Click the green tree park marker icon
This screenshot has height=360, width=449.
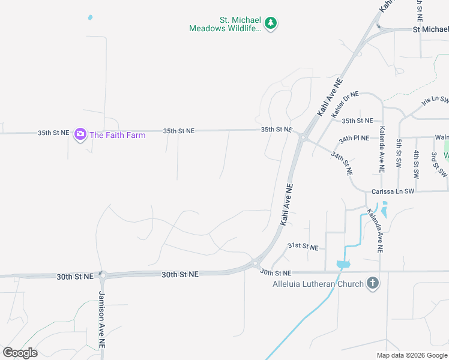[271, 23]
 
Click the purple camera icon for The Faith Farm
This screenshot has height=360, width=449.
[80, 135]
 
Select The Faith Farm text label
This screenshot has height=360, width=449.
[118, 135]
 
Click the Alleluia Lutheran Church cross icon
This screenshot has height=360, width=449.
[372, 283]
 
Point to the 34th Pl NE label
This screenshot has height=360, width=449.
[354, 139]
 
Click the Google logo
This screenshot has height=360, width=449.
[20, 353]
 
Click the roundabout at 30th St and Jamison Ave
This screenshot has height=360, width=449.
[102, 276]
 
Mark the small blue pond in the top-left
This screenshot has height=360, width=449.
[90, 18]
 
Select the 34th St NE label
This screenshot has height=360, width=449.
[342, 163]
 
